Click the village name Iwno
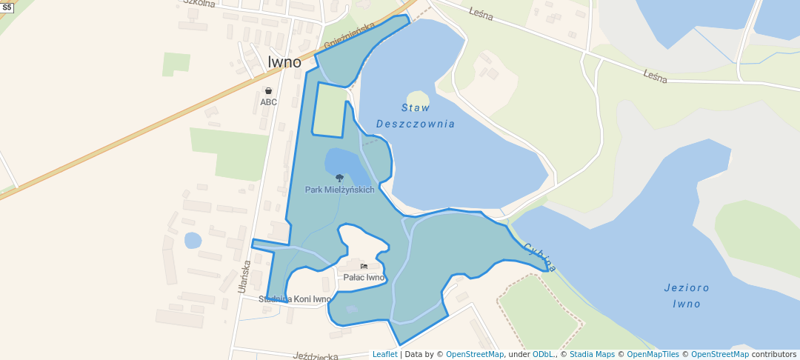pyautogui.click(x=284, y=61)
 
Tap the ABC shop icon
pyautogui.click(x=268, y=91)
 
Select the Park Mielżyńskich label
pyautogui.click(x=339, y=190)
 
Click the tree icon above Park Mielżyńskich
pyautogui.click(x=339, y=178)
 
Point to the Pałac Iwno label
pyautogui.click(x=364, y=278)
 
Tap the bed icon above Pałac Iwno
pyautogui.click(x=364, y=267)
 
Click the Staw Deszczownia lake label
pyautogui.click(x=415, y=116)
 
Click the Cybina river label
pyautogui.click(x=539, y=256)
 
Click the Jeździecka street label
pyautogui.click(x=316, y=356)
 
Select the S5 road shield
pyautogui.click(x=7, y=6)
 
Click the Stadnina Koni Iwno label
pyautogui.click(x=295, y=299)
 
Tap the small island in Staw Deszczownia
pyautogui.click(x=418, y=99)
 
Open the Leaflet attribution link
pyautogui.click(x=384, y=354)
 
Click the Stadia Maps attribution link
pyautogui.click(x=591, y=354)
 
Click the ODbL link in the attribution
pyautogui.click(x=543, y=354)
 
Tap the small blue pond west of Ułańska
pyautogui.click(x=193, y=240)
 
